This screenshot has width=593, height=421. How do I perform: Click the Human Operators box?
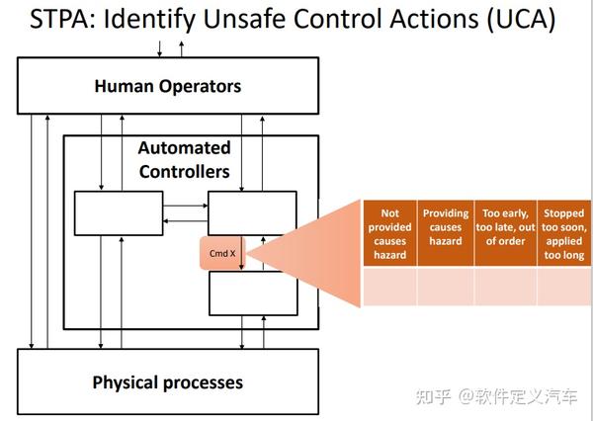[x=167, y=87]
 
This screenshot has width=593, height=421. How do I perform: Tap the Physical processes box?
[x=167, y=381]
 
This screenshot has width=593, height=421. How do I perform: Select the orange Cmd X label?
[x=222, y=254]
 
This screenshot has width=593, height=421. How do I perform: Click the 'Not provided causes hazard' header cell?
[x=389, y=233]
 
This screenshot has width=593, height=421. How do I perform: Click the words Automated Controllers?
[x=184, y=160]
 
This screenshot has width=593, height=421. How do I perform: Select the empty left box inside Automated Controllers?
[x=119, y=213]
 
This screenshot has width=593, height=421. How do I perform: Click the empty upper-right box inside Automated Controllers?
[x=252, y=213]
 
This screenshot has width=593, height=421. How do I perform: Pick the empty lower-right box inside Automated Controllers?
[x=252, y=293]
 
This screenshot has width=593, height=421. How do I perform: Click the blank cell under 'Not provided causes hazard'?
[x=389, y=287]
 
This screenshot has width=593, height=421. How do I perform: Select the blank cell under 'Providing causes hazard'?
[x=446, y=287]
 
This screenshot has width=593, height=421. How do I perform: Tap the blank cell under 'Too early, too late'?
[x=504, y=287]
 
